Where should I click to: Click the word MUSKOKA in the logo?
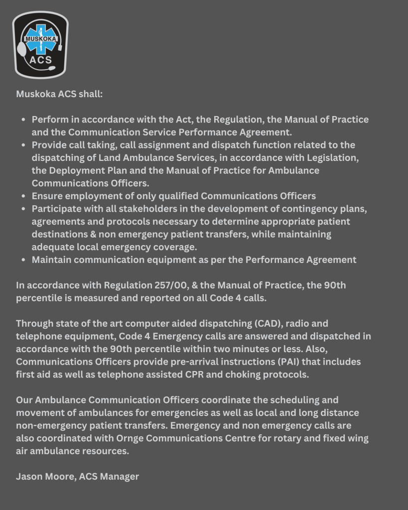point(40,38)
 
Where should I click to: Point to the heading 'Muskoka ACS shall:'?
point(59,94)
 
